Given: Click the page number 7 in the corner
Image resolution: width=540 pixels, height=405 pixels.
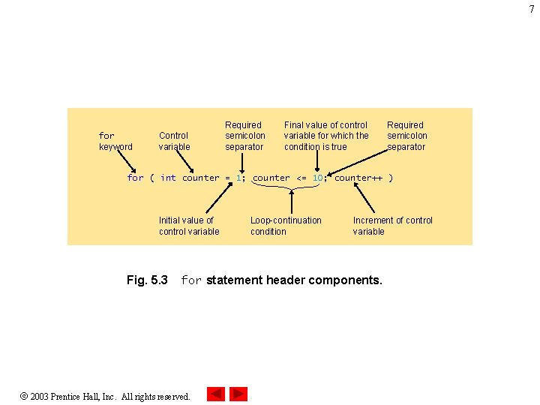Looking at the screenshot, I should (532, 9).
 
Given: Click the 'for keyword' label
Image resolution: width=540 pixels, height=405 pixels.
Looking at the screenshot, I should (115, 141).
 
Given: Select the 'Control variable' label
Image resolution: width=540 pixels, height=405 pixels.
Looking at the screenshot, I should (174, 141).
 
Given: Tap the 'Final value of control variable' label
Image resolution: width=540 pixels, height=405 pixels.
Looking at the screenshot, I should (326, 136).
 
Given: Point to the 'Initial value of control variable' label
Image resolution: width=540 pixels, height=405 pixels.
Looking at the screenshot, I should (189, 226).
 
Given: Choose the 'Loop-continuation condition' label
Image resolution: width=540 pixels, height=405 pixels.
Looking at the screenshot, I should (286, 226).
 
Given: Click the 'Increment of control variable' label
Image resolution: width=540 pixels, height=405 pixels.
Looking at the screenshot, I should (392, 226).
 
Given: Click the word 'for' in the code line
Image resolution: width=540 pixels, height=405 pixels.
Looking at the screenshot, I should (135, 178).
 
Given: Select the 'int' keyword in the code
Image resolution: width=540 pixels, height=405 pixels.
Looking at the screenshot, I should (168, 178).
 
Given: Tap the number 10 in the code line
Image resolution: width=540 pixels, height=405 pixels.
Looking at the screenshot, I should (318, 178).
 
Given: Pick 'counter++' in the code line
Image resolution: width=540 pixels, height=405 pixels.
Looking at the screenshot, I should (358, 178).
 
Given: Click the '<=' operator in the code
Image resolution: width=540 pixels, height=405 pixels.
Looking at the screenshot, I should (301, 178).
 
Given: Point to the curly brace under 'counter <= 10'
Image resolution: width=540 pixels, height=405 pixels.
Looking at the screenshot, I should (291, 188).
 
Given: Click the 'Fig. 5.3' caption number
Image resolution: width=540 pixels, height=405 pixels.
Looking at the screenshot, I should (147, 280).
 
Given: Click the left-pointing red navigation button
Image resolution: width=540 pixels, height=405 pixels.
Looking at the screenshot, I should (216, 394).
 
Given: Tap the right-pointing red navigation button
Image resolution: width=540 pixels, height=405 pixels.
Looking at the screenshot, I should (238, 394).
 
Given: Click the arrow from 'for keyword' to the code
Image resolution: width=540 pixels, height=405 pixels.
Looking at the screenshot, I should (127, 160).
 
